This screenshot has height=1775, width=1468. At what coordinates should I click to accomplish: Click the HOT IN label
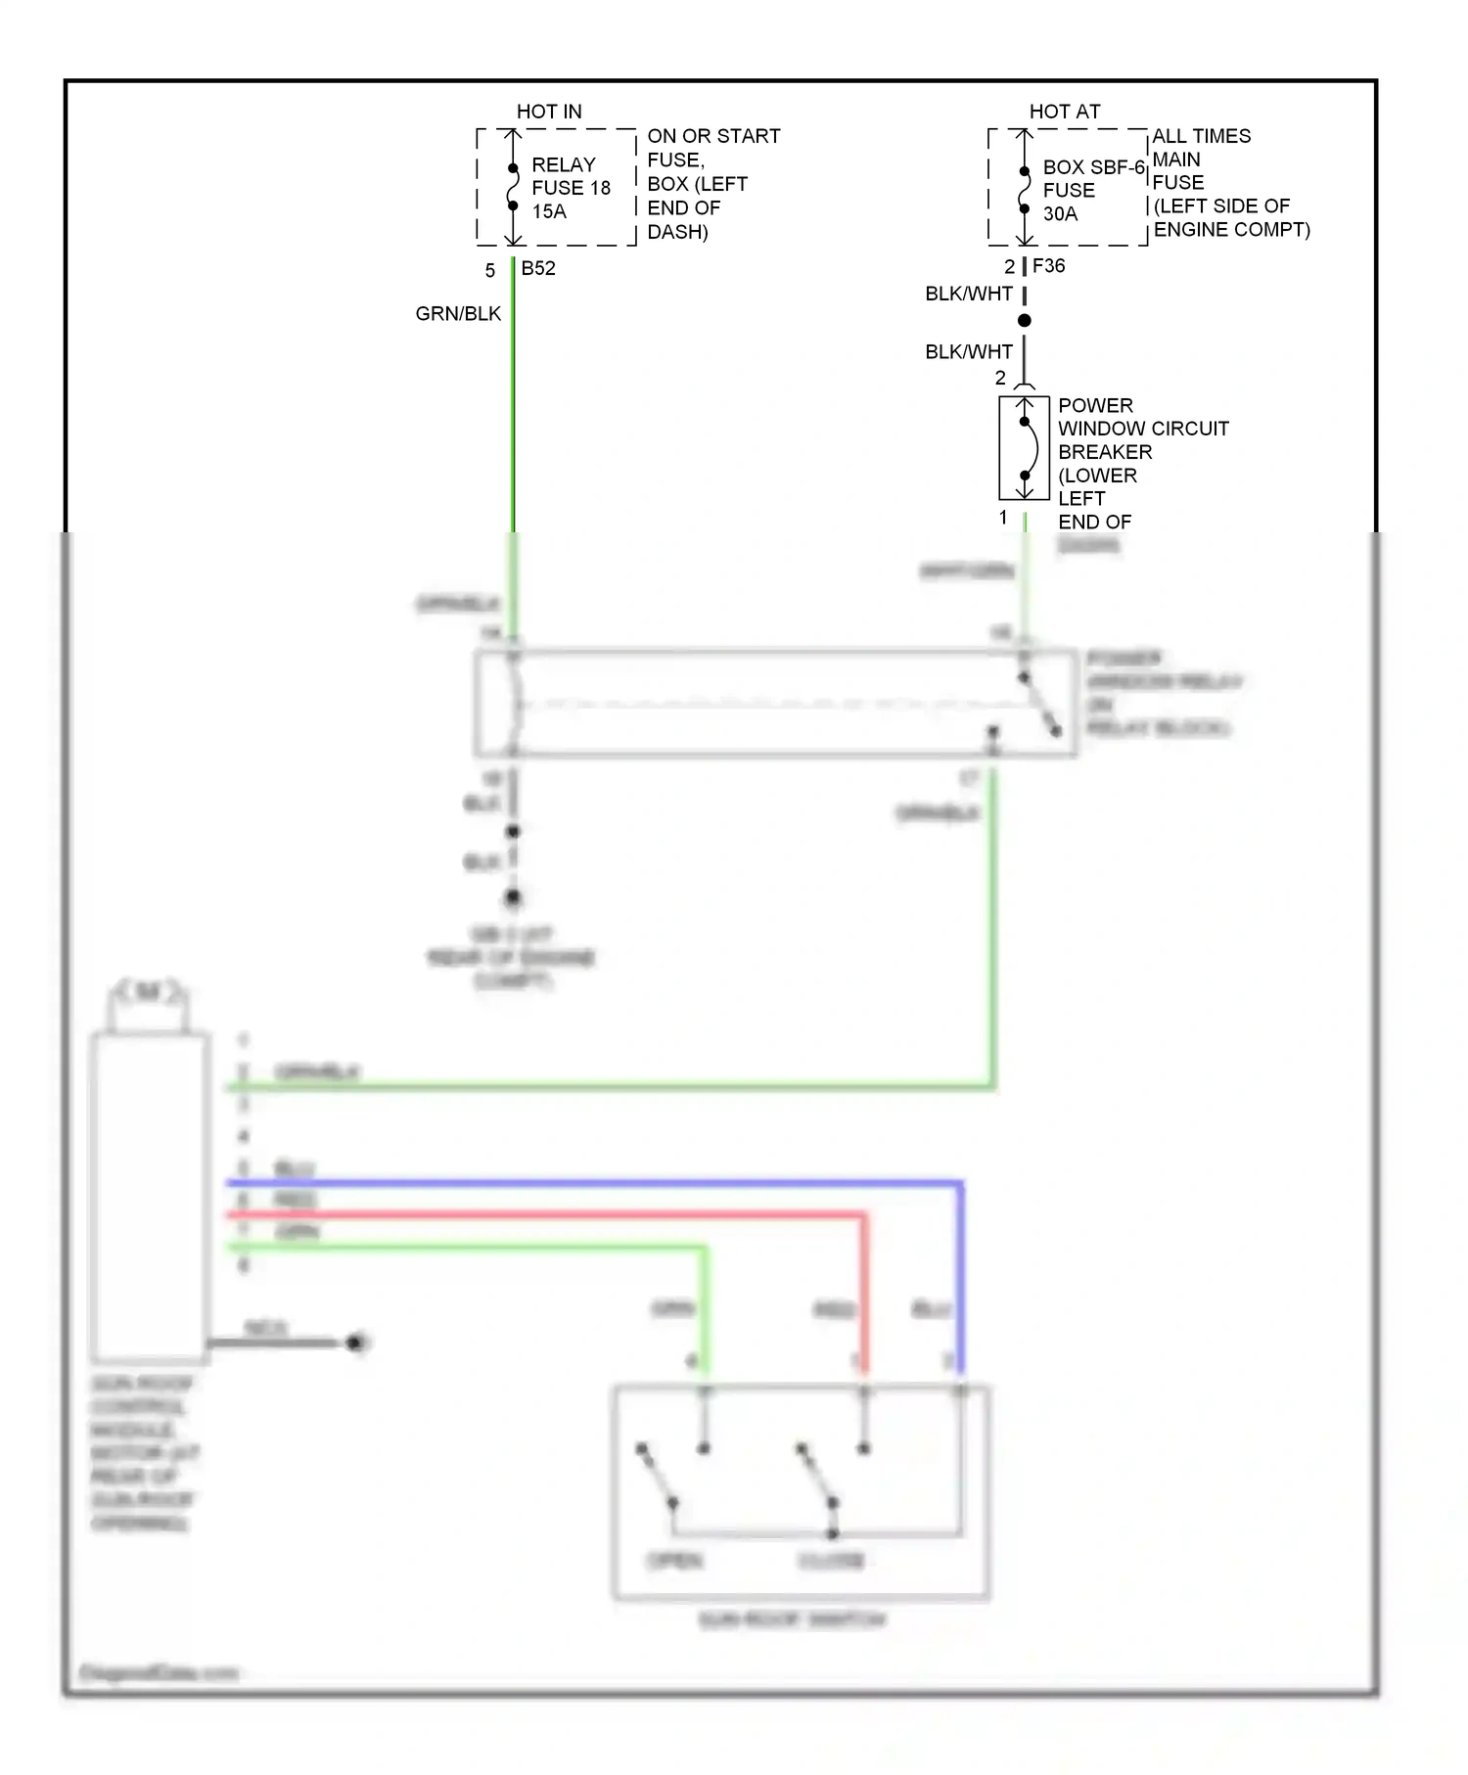coord(548,112)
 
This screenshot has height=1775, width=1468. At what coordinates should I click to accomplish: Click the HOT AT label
coord(1064,112)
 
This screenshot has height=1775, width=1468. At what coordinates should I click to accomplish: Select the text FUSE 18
coord(571,188)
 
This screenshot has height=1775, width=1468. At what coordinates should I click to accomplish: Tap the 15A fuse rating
coord(549,211)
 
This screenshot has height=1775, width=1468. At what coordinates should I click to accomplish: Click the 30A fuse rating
coord(1060,213)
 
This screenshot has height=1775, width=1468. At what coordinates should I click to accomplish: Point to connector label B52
coord(538,268)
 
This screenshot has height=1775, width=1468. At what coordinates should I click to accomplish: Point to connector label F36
coord(1049,265)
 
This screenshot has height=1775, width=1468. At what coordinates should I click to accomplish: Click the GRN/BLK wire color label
coord(458,314)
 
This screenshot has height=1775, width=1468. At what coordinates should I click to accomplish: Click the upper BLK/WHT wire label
coord(969,294)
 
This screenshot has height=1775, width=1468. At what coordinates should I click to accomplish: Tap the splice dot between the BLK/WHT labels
coord(1025,321)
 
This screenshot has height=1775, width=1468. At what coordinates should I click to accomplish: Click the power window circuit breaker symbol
coord(1025,448)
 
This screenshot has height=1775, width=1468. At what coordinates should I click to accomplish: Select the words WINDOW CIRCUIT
coord(1143,429)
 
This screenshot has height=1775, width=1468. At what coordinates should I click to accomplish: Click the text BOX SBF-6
coord(1093,167)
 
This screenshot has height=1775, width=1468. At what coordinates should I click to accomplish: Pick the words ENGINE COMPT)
coord(1231,230)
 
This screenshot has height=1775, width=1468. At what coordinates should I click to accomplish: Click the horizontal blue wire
coord(587,1184)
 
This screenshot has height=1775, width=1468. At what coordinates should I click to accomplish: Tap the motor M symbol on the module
coord(148,992)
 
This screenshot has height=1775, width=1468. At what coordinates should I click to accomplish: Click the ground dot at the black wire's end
coord(356,1343)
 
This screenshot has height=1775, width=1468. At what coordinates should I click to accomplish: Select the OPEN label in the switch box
coord(675,1560)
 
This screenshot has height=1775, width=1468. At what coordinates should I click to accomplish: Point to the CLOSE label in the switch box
coord(831,1560)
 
